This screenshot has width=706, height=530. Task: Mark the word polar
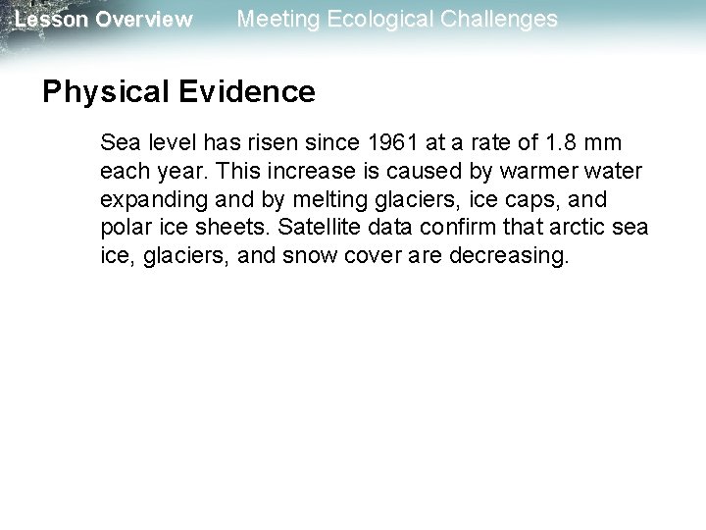[x=123, y=229]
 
